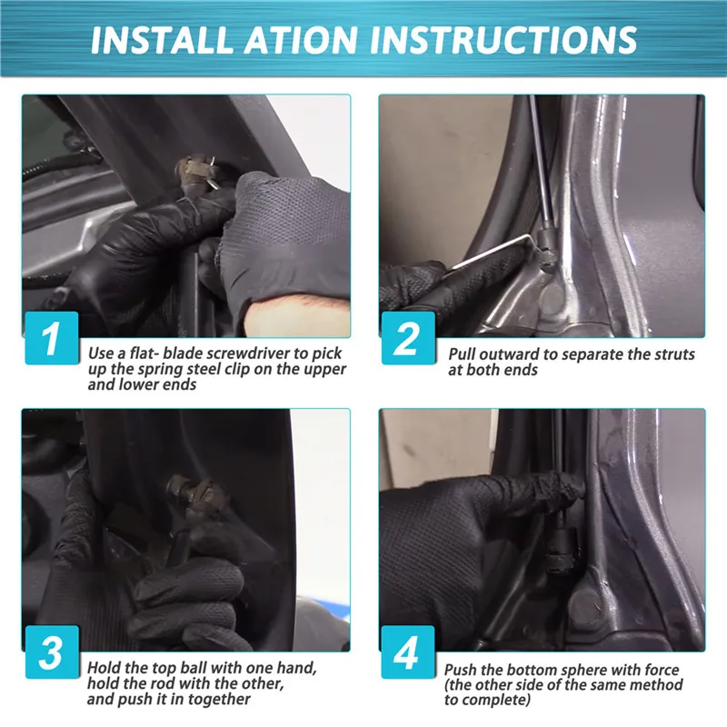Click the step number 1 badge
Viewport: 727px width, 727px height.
click(52, 338)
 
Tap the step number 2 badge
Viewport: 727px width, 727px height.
click(408, 338)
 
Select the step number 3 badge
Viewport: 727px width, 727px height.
click(52, 652)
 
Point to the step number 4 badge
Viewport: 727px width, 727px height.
click(408, 652)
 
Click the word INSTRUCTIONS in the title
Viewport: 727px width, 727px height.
click(503, 40)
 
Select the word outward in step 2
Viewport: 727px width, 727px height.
click(509, 354)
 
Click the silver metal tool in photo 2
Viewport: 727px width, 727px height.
click(492, 253)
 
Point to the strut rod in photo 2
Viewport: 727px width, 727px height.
click(541, 163)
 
